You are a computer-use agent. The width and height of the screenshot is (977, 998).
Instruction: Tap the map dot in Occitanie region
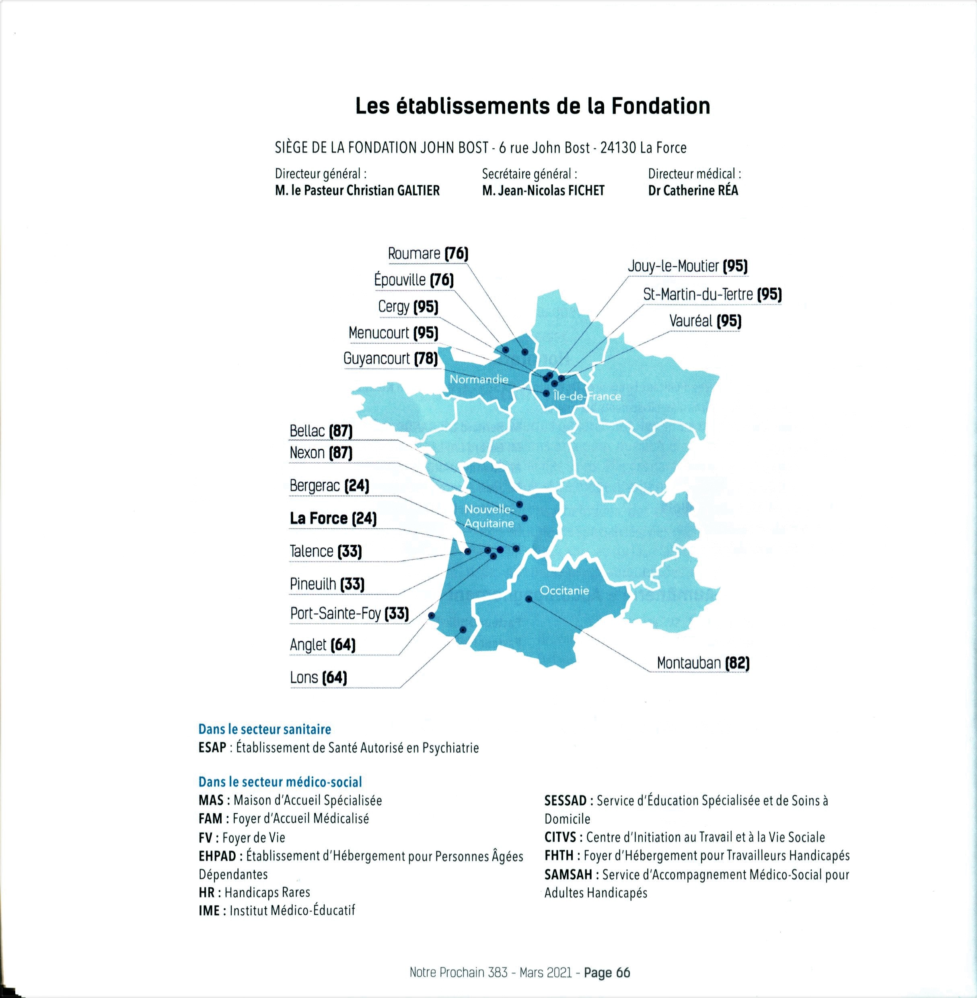pos(529,598)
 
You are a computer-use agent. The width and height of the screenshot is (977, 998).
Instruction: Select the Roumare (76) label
pos(428,254)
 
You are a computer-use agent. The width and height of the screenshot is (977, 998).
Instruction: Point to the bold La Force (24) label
pos(333,518)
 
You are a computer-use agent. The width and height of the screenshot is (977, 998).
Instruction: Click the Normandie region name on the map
pos(479,379)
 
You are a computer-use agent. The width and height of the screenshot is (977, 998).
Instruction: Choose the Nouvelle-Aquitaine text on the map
pos(488,516)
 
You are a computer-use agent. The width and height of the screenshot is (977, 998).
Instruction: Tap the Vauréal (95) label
pos(705,322)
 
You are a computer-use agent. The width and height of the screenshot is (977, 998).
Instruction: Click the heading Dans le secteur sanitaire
pos(265,730)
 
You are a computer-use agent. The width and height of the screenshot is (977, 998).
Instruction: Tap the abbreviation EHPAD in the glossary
pos(218,856)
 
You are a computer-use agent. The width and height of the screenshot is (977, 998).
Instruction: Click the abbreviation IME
pos(209,911)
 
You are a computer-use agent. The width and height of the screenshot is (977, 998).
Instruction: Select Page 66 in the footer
pos(607,973)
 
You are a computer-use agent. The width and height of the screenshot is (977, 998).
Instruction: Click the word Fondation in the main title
pos(660,106)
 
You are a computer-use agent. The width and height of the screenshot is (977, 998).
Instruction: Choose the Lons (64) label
pos(318,678)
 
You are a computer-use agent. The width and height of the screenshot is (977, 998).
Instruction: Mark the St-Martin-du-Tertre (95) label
pos(712,295)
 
